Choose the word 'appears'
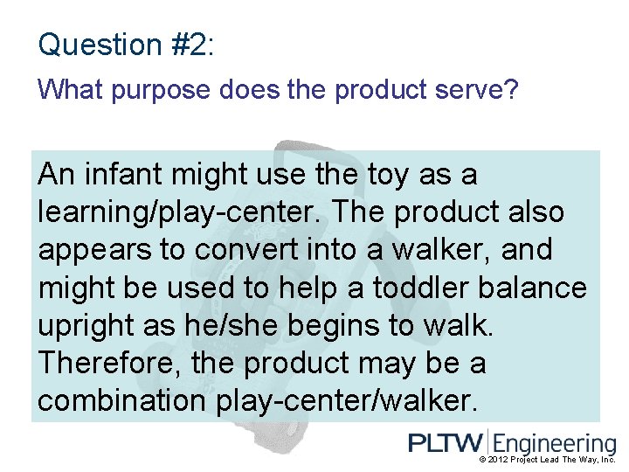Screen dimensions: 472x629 (x=94, y=250)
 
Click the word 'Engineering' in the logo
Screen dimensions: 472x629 (x=555, y=444)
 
